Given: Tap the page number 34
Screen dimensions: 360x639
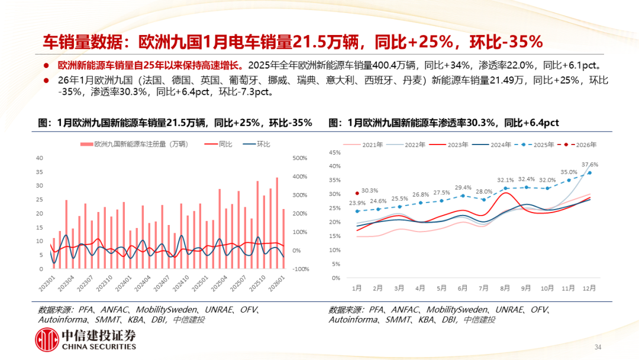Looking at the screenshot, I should [598, 347].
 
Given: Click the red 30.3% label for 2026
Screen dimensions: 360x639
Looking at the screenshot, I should [370, 191].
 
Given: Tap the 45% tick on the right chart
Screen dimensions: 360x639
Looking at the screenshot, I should [334, 152].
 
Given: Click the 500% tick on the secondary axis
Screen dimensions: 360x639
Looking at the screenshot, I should [300, 158].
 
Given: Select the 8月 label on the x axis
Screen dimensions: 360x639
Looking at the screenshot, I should [505, 288].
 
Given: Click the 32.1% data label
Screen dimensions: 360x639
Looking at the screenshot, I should [505, 180].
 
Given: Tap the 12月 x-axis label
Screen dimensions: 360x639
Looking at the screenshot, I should [589, 288].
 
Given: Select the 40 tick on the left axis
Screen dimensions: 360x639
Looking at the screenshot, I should [40, 158].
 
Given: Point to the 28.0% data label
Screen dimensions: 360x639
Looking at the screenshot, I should [484, 191].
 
